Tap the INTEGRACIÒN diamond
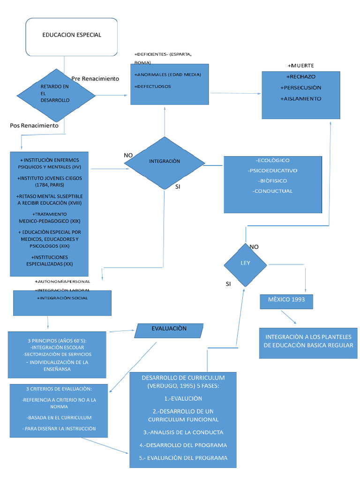[164, 161]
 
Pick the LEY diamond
[246, 263]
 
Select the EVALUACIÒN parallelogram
[169, 330]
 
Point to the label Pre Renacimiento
[95, 79]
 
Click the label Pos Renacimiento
[34, 126]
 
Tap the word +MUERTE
[300, 66]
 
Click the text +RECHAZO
[300, 76]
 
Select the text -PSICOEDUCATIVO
[273, 171]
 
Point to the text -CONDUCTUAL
[272, 191]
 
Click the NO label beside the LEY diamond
[254, 247]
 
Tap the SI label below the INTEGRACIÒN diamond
[178, 187]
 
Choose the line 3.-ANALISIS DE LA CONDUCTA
[183, 432]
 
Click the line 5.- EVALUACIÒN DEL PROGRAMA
[183, 458]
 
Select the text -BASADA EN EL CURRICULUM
[59, 418]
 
